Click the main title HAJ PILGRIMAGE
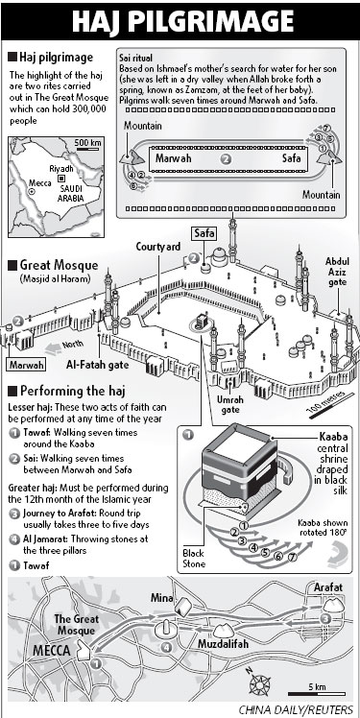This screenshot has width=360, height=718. [182, 21]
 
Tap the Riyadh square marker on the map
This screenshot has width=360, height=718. [60, 178]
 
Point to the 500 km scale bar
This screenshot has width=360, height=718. [88, 150]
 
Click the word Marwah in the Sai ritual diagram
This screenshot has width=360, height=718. [173, 158]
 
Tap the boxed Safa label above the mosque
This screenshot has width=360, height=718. [204, 234]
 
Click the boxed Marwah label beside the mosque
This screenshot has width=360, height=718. [27, 365]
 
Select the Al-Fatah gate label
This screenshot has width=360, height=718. [97, 366]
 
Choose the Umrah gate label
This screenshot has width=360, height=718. [230, 405]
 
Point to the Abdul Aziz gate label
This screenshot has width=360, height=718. [337, 272]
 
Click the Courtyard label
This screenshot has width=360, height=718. [158, 247]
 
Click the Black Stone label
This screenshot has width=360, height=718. [193, 559]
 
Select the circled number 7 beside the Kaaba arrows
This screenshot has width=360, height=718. [293, 558]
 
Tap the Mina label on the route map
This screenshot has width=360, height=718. [162, 598]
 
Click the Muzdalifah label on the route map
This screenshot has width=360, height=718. [223, 643]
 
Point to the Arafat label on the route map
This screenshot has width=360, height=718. [328, 587]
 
